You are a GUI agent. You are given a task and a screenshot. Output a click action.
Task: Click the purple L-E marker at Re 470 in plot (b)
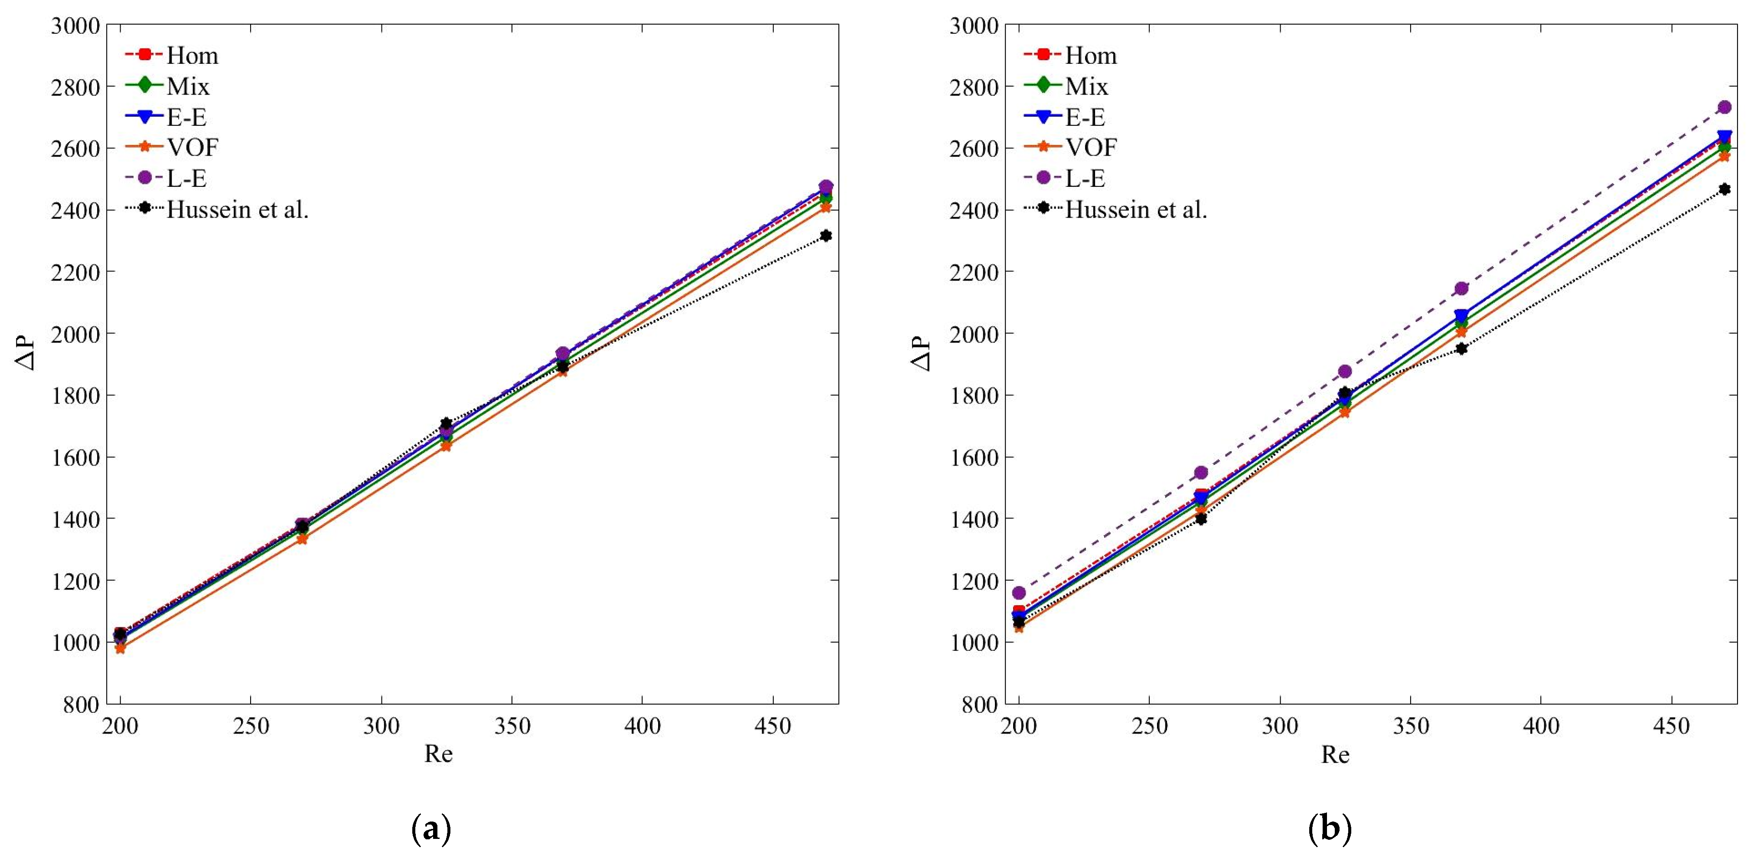click(x=1724, y=107)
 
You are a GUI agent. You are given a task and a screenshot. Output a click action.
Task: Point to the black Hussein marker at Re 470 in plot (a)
click(x=826, y=236)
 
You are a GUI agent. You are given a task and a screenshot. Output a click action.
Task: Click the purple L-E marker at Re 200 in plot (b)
click(x=1019, y=593)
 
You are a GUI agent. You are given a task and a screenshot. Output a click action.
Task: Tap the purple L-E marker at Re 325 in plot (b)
click(x=1345, y=371)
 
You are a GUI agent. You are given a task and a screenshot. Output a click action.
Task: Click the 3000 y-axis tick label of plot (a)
click(x=75, y=26)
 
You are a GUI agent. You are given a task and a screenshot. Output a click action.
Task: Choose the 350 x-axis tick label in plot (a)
click(x=512, y=727)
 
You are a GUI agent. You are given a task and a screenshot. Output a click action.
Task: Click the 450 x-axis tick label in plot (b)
click(x=1671, y=727)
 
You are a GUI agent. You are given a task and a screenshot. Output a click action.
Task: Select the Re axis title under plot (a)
click(x=438, y=754)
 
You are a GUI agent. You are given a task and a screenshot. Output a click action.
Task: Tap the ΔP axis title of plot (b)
click(x=921, y=353)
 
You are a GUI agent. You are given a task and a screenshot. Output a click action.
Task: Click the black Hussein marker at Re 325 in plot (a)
click(x=446, y=423)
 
